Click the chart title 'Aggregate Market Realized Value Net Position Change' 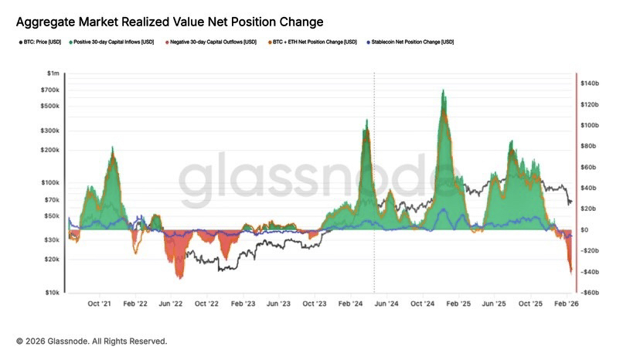169,22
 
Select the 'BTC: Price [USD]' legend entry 41,42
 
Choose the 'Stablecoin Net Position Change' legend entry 412,42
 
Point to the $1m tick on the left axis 53,73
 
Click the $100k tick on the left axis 51,183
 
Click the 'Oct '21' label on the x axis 100,304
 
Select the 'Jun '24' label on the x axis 386,304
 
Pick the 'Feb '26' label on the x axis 567,304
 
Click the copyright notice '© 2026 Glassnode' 91,341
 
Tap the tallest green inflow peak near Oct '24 443,91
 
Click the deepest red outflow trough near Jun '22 179,277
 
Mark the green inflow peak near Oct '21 113,148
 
